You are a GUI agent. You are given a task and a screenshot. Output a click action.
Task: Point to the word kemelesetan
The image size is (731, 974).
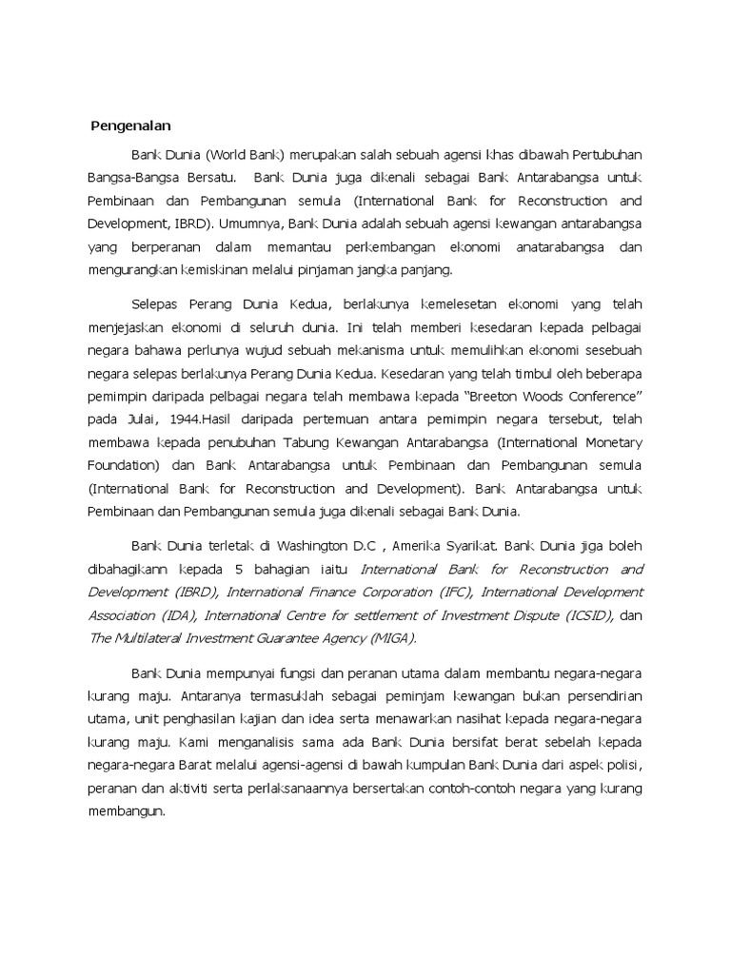tap(432, 304)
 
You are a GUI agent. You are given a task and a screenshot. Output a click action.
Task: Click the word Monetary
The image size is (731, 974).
tap(610, 443)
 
